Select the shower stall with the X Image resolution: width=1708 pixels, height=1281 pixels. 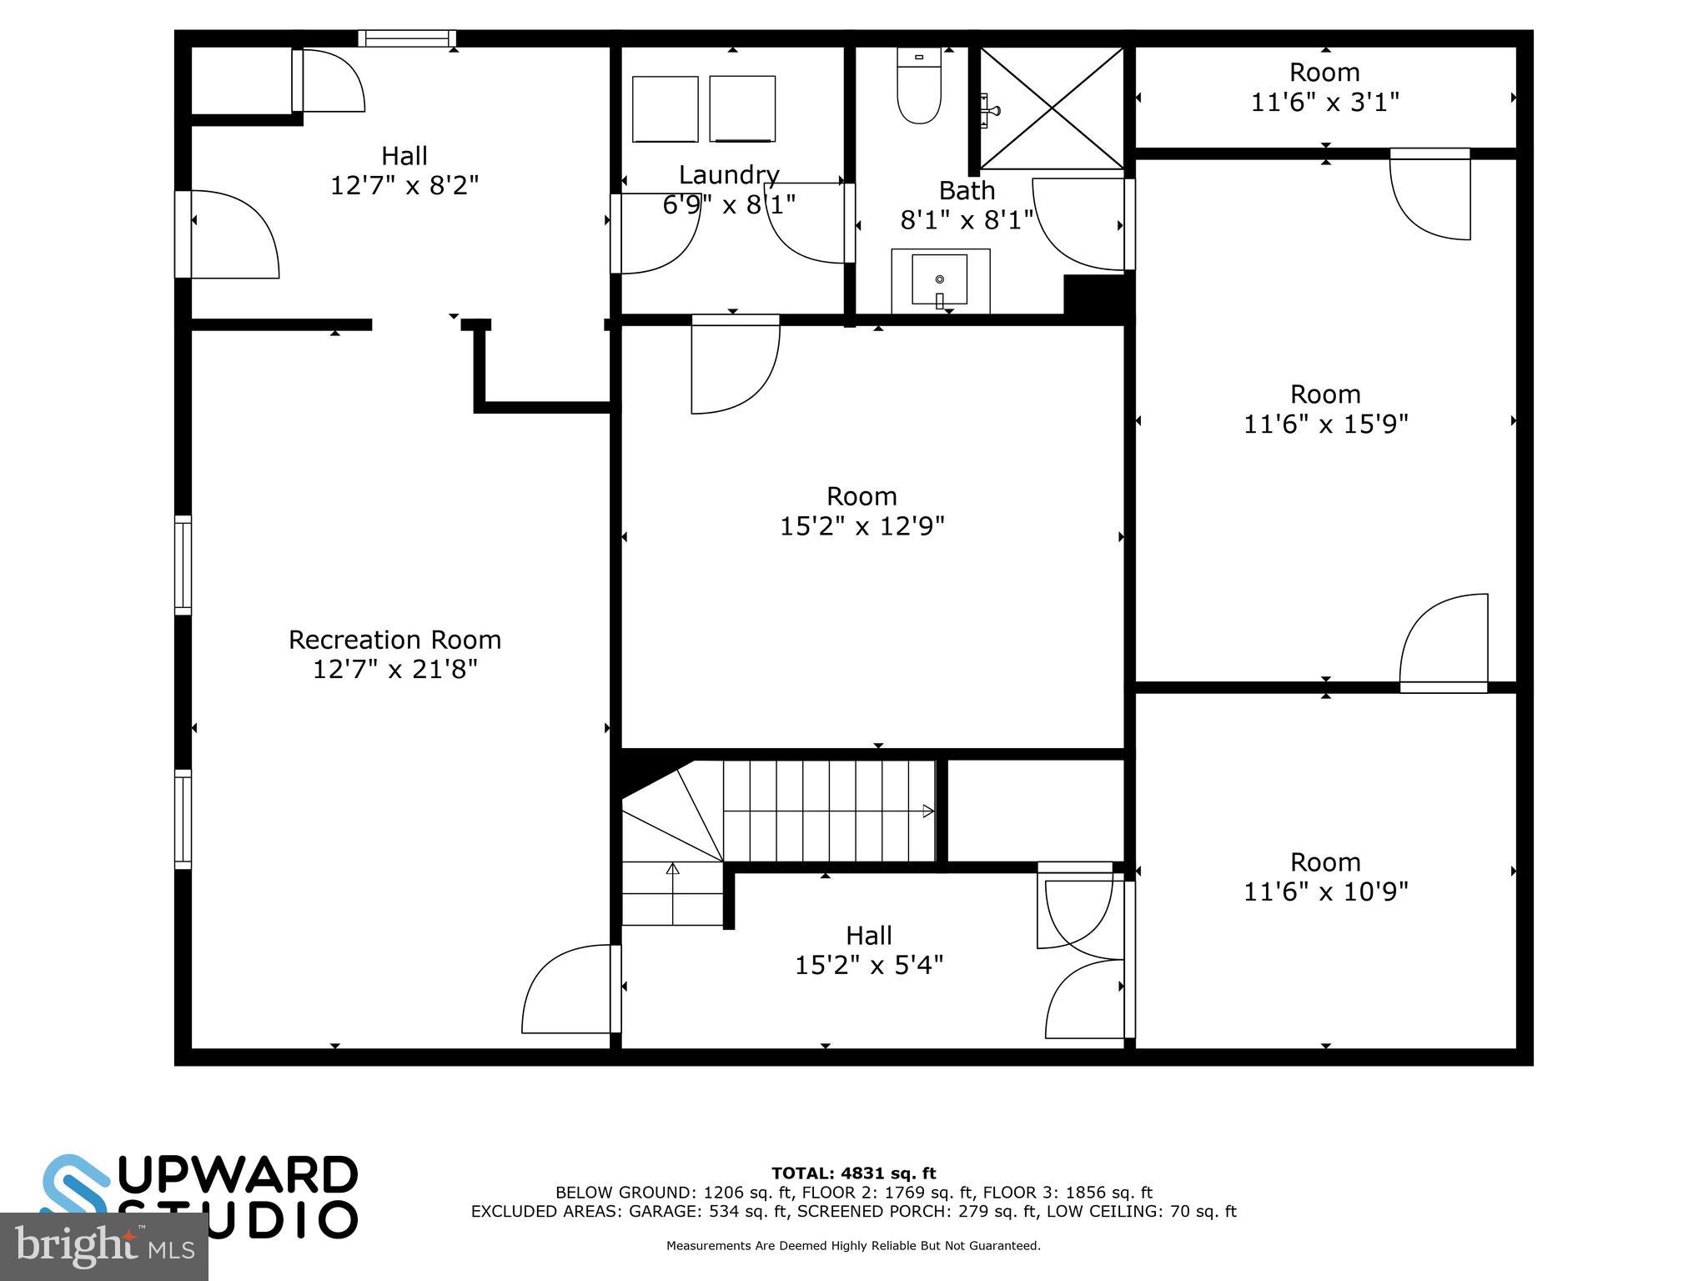point(1052,108)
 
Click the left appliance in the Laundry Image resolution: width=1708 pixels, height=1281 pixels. point(665,109)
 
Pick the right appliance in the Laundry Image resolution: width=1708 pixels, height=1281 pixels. point(742,109)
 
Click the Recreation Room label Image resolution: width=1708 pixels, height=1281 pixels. point(394,640)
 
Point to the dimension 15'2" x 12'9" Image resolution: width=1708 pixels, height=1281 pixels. point(862,526)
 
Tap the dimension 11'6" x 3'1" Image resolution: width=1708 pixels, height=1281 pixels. point(1324,103)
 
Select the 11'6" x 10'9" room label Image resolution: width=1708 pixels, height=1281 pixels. point(1325,877)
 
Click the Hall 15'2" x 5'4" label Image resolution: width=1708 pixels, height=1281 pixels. point(869,950)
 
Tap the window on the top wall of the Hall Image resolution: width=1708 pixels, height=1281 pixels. point(407,38)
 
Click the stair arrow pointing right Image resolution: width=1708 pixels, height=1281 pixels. point(927,811)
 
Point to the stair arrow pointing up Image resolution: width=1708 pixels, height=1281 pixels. point(672,869)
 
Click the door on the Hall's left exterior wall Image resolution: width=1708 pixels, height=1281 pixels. point(227,234)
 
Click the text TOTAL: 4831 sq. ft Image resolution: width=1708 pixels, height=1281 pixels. point(853,1173)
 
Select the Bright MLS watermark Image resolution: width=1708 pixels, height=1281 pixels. point(103,1247)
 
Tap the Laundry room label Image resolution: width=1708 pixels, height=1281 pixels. point(729,175)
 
